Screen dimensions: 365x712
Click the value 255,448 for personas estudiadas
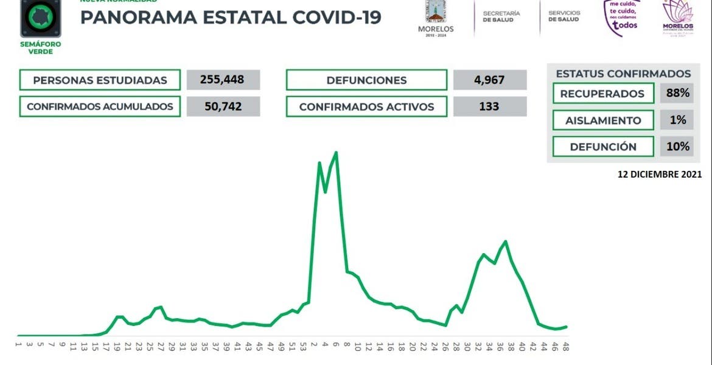(223, 80)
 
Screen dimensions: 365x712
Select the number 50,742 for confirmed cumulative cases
(223, 106)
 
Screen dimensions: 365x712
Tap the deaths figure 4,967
(489, 80)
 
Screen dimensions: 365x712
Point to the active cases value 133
(489, 106)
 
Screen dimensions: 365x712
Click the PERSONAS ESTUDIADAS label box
(100, 80)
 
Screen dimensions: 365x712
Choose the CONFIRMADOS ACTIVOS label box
(366, 106)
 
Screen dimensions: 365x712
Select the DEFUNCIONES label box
(366, 80)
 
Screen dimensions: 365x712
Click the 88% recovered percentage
(677, 93)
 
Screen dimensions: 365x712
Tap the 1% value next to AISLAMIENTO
(677, 120)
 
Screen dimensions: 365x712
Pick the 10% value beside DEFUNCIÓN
(677, 146)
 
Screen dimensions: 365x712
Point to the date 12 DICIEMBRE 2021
(660, 174)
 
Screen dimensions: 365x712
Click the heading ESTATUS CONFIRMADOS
(623, 74)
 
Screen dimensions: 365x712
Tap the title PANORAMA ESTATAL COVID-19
(231, 17)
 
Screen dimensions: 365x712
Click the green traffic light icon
(41, 16)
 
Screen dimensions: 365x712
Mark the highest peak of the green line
(337, 153)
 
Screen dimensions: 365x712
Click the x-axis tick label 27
(161, 347)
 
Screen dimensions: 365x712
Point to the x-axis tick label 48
(565, 347)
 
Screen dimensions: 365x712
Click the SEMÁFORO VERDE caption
(41, 48)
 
